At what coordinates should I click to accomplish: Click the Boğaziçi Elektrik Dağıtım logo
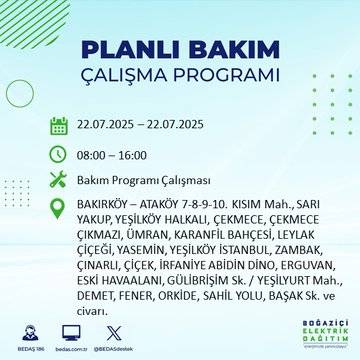point(315,338)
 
